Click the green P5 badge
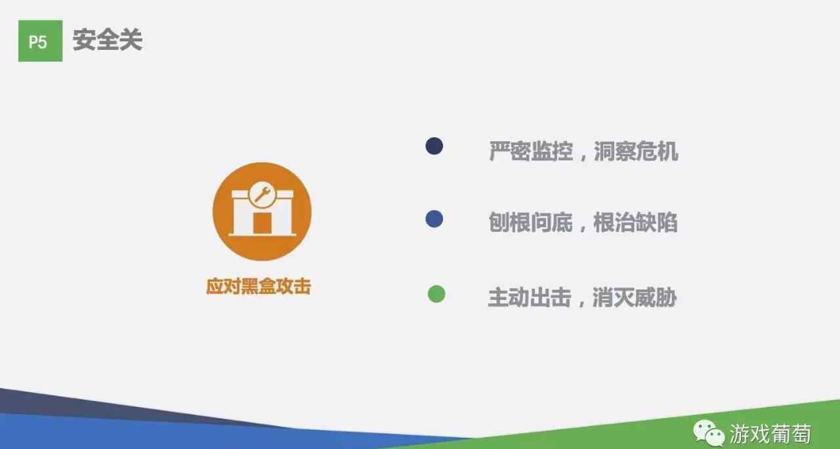(41, 41)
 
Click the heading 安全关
(108, 40)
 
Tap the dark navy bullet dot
(434, 146)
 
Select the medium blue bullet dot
(434, 219)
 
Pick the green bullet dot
(436, 293)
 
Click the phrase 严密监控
(531, 151)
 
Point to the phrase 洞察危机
(636, 151)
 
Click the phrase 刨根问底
(531, 223)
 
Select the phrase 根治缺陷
(636, 223)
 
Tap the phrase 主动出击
(530, 297)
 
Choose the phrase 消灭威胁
(635, 297)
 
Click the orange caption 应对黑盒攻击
(259, 287)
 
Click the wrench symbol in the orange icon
(262, 195)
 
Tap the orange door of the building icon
(262, 223)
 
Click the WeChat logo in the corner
(709, 433)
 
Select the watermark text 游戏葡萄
(770, 434)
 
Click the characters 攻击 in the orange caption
(293, 287)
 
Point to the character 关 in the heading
(131, 40)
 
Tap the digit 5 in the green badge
(43, 42)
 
